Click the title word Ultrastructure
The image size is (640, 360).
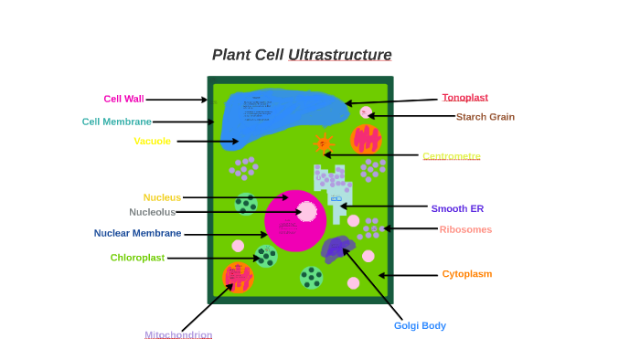coord(339,55)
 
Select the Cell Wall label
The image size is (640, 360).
coord(123,99)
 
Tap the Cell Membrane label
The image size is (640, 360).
coord(116,122)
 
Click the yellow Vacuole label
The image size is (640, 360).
coord(152,141)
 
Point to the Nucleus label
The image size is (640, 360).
coord(162,197)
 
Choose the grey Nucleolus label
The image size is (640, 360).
coord(152,212)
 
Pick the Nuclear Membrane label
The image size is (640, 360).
coord(137,233)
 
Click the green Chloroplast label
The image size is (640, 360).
coord(137,258)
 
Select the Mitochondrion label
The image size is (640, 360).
coord(178,335)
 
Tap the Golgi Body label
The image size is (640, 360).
coord(420,325)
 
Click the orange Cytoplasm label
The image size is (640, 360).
coord(467,273)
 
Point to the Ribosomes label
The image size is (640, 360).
coord(465,229)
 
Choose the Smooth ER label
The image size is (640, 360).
coord(457,208)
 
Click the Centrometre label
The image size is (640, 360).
coord(451,156)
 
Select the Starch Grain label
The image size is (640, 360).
coord(485,117)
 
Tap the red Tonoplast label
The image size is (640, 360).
coord(464,98)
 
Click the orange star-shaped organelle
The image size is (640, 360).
coord(323,143)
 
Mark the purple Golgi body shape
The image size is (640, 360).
coord(337,248)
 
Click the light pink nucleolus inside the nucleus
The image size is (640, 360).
coord(308,212)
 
